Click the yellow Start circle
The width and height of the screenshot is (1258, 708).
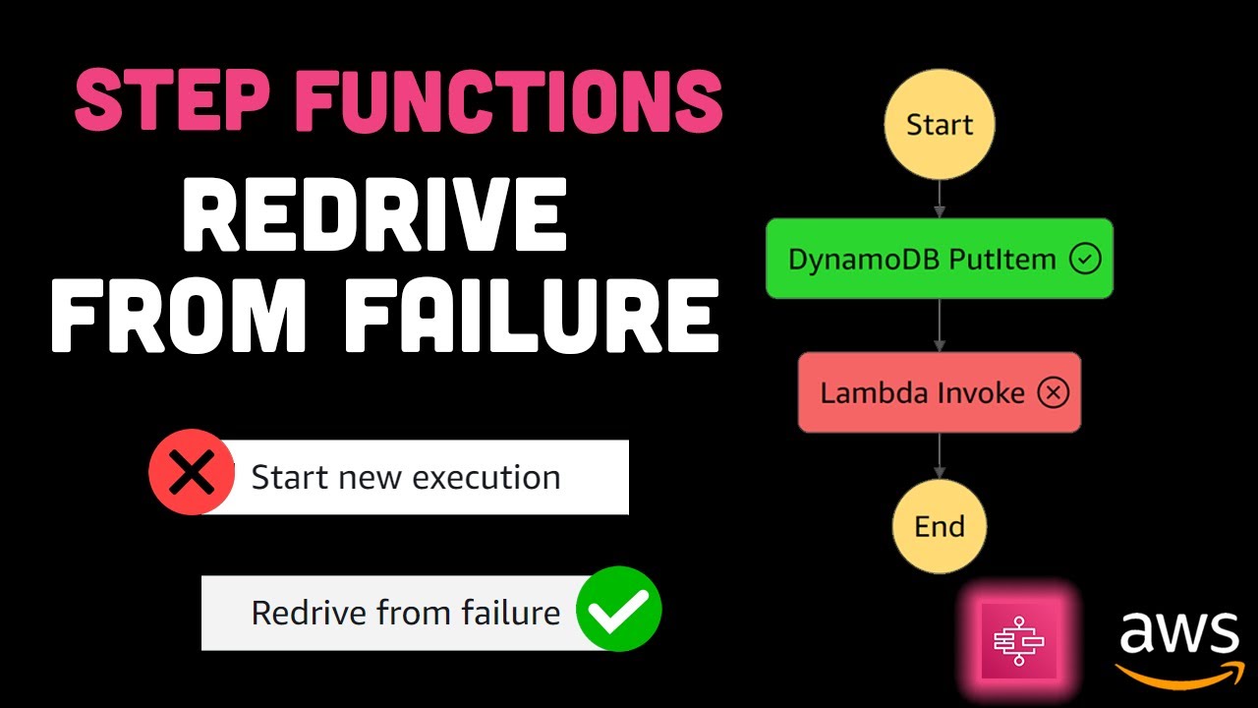[x=940, y=125]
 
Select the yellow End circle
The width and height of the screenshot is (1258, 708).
[x=940, y=526]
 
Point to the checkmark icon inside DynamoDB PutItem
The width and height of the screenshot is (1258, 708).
[x=1085, y=260]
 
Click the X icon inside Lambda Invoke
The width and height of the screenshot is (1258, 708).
[x=1053, y=393]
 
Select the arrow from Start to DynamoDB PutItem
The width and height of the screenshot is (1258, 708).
[x=940, y=200]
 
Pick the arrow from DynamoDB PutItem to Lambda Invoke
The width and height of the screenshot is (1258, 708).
[x=940, y=325]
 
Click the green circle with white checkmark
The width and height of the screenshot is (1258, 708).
[x=618, y=609]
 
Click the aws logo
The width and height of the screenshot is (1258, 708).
[x=1178, y=644]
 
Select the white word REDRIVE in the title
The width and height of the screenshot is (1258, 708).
[x=374, y=218]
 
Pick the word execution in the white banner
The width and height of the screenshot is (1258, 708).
[x=486, y=478]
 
